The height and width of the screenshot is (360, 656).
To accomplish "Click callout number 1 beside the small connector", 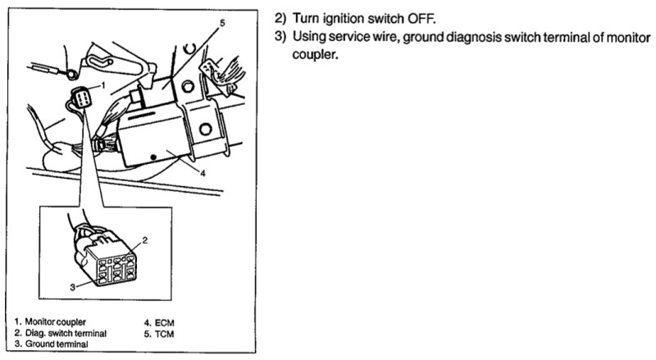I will tap(103, 85).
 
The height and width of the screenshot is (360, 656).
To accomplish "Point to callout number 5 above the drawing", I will tap(222, 25).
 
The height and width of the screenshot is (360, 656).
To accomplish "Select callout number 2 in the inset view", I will tap(143, 240).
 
